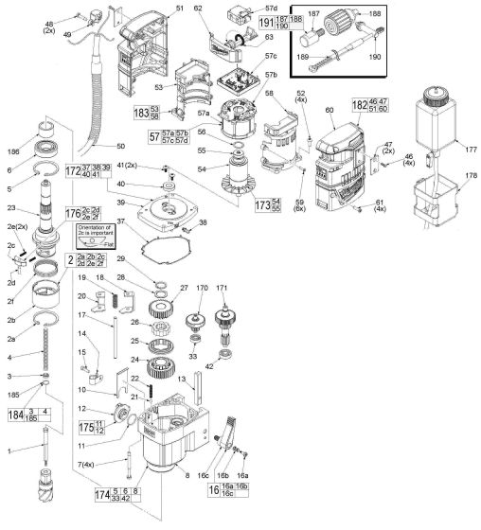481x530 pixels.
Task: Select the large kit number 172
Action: click(72, 172)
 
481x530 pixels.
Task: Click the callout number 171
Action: click(224, 287)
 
